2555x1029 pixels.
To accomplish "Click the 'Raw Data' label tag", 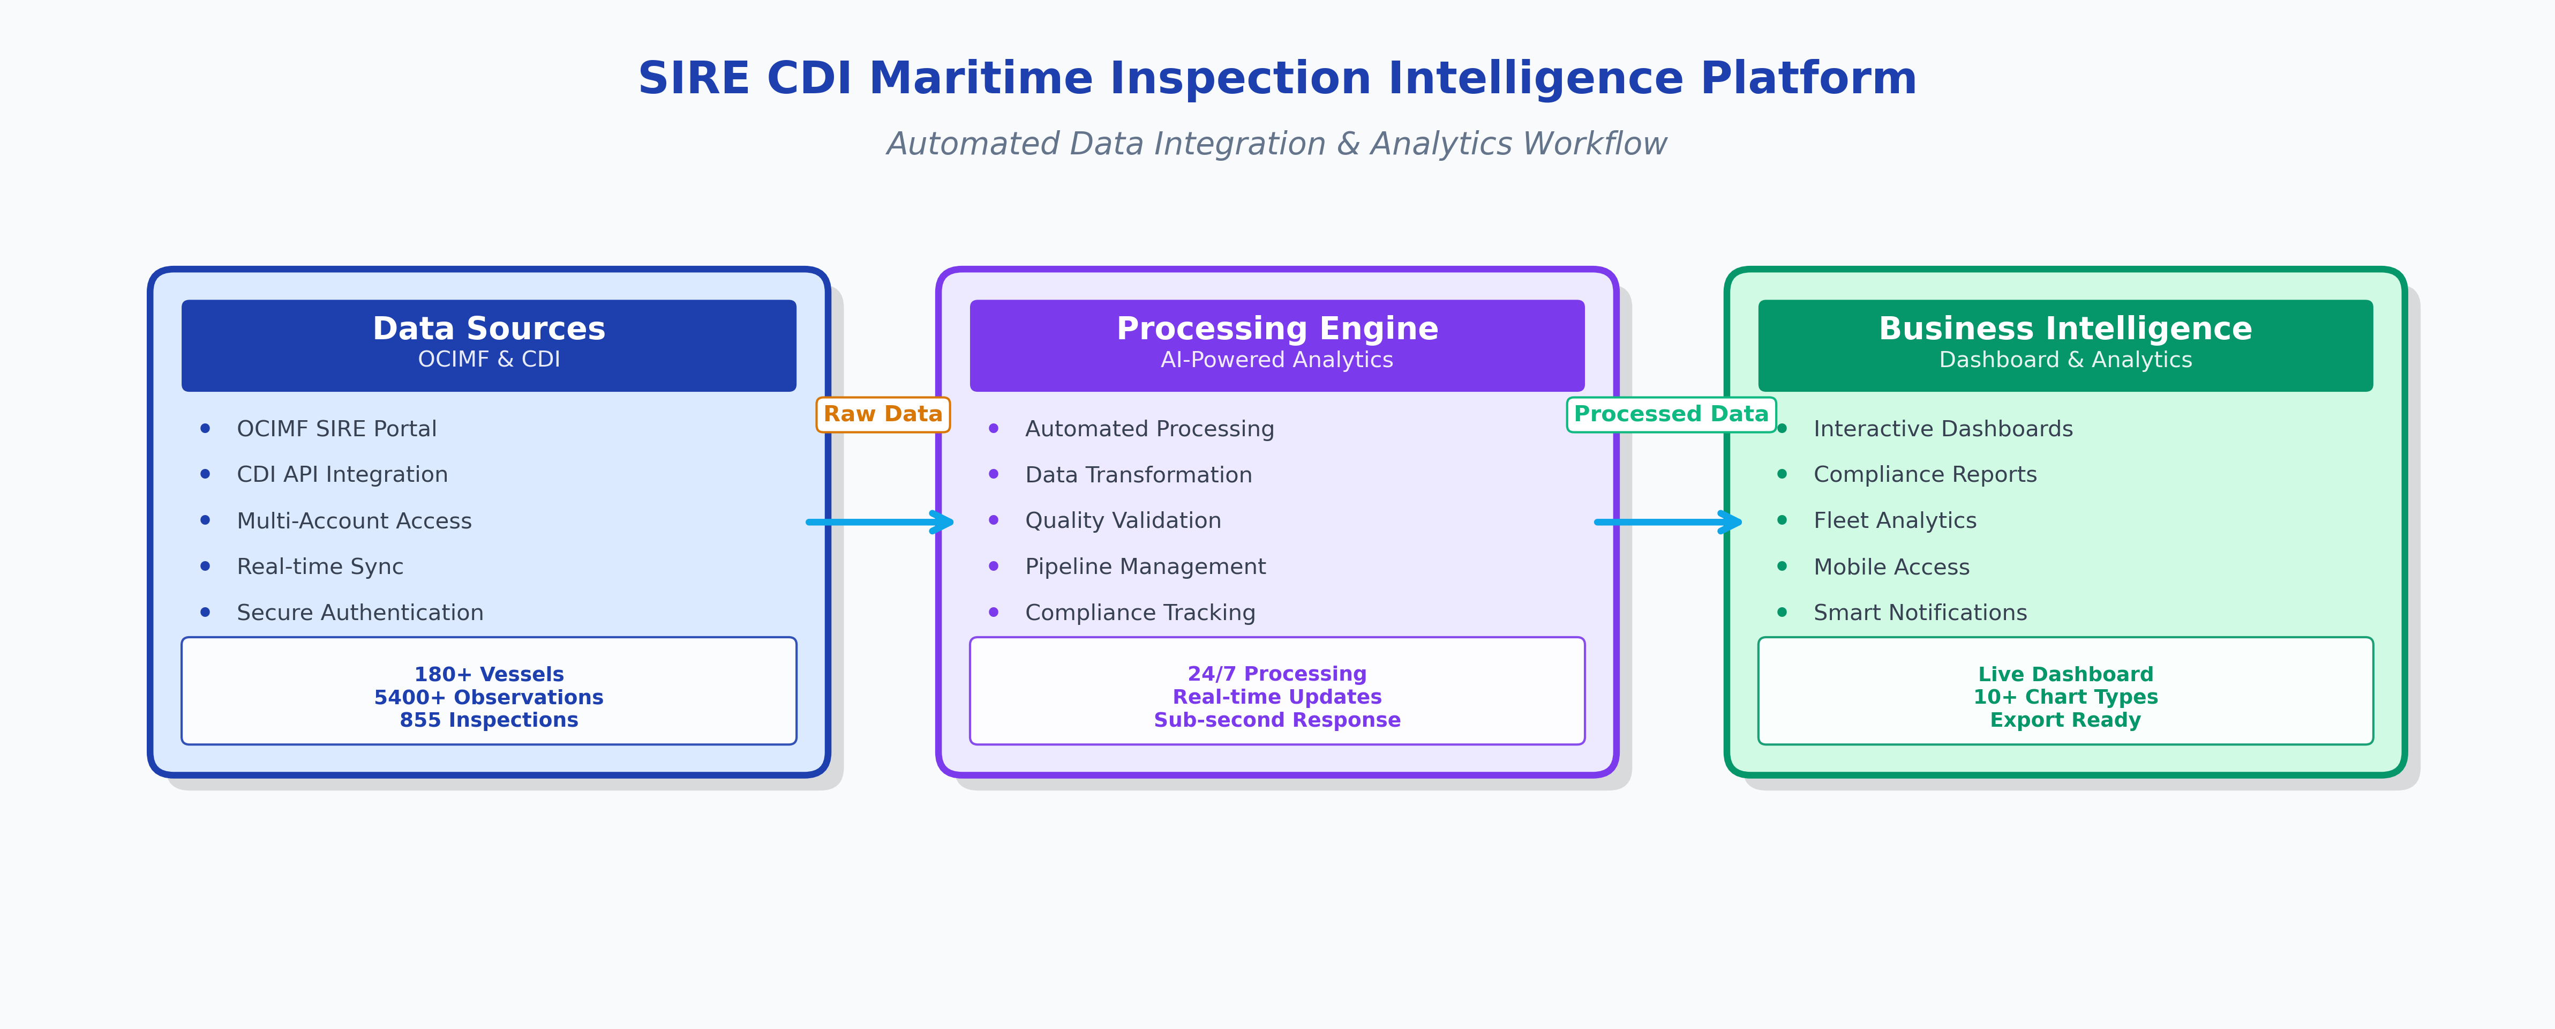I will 883,414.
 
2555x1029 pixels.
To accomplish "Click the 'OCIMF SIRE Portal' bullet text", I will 336,429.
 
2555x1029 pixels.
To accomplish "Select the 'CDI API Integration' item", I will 342,474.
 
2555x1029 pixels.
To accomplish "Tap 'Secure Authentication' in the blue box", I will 360,612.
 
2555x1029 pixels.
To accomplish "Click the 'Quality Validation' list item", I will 1123,520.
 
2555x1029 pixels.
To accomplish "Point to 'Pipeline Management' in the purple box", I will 1146,566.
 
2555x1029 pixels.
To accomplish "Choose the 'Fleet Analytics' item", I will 1895,520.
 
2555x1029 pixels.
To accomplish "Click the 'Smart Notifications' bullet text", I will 1920,612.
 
